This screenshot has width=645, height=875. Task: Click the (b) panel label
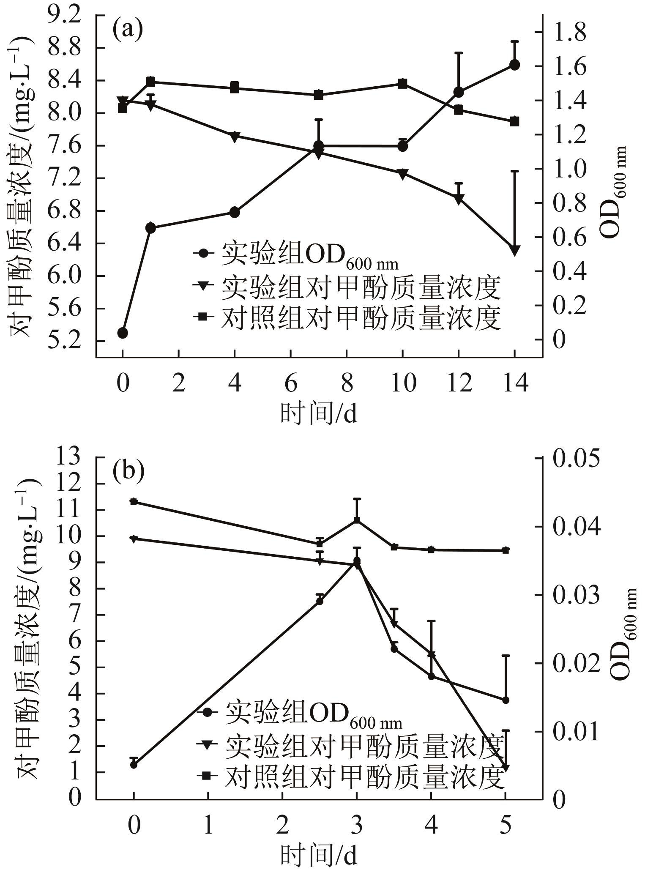coord(128,471)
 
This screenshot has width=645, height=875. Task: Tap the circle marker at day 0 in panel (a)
coord(123,333)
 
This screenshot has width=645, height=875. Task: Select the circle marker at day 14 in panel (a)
coord(514,65)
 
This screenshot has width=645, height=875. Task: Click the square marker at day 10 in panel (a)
coord(402,84)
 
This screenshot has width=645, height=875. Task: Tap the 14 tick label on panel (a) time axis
coord(514,383)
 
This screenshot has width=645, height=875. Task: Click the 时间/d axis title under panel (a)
coord(318,413)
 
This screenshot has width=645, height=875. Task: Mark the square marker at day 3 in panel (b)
coord(357,520)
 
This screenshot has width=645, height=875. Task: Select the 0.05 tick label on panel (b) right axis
coord(576,459)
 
